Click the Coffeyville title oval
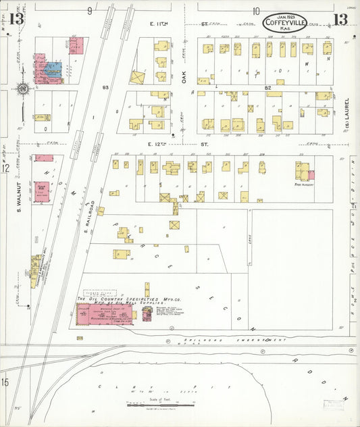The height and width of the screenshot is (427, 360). (x=284, y=22)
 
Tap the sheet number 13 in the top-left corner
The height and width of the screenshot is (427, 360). (x=16, y=18)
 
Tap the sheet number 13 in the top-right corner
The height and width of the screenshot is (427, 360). (x=340, y=18)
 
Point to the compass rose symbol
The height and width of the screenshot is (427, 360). (x=22, y=89)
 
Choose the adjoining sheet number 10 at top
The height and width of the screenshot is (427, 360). (x=256, y=11)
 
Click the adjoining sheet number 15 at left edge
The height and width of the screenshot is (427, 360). (x=5, y=383)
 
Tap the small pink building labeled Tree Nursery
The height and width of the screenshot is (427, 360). (x=311, y=174)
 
